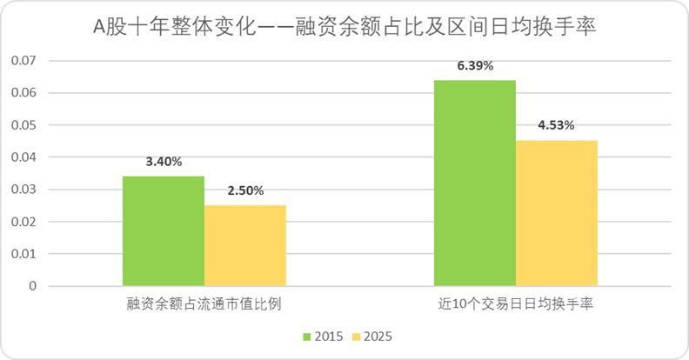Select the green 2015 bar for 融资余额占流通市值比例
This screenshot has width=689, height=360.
pos(163,230)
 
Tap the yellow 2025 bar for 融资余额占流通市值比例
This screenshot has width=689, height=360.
pos(245,245)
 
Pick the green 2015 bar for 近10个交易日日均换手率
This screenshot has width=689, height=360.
pos(475,183)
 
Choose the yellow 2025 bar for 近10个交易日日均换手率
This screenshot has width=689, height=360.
pos(557,212)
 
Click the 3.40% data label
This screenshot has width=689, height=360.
pos(164,162)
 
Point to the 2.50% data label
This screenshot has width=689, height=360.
pos(245,190)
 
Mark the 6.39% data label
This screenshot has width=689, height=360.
pos(475,65)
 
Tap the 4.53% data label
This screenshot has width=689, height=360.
pos(557,125)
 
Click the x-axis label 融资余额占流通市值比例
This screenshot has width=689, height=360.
pos(204,305)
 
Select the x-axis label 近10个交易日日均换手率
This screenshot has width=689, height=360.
pos(516,305)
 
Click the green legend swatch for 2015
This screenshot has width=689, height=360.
pos(307,336)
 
